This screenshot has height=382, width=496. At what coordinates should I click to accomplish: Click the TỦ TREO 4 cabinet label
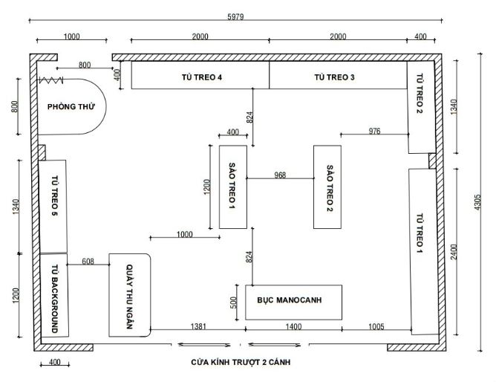(x=201, y=77)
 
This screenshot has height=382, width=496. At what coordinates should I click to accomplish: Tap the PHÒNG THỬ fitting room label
(x=71, y=106)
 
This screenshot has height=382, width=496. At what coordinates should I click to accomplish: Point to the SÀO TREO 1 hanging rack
(x=233, y=187)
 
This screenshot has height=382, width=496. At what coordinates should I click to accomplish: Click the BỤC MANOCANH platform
(x=293, y=302)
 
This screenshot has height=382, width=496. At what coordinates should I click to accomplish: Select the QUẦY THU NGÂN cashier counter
(x=131, y=295)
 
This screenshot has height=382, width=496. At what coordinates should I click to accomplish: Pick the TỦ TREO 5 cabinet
(x=54, y=205)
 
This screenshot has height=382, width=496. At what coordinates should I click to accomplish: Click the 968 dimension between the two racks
(x=280, y=175)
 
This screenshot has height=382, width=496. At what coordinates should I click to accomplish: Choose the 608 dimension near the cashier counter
(x=88, y=261)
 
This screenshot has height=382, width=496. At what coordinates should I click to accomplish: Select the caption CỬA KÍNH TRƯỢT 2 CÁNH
(x=241, y=362)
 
